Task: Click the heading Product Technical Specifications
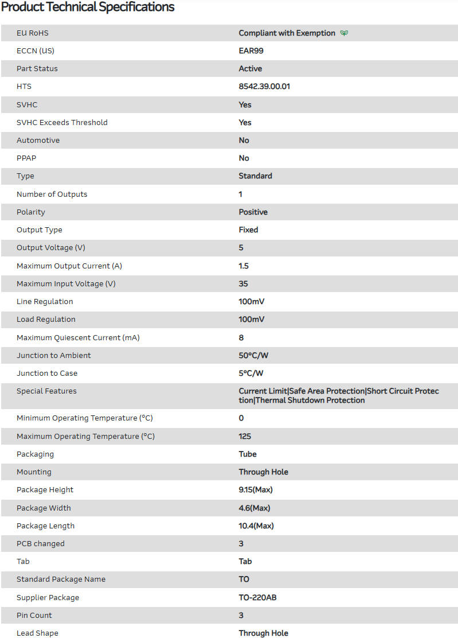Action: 88,7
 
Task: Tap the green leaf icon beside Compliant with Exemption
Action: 344,33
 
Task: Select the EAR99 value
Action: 251,50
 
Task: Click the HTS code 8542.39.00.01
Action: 268,86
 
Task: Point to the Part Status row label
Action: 37,68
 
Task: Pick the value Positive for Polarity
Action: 253,212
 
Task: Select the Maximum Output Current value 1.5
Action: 244,266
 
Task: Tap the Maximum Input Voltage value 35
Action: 244,283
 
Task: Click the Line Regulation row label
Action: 45,301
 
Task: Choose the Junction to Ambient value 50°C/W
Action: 253,355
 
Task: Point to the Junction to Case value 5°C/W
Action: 251,373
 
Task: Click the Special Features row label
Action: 46,391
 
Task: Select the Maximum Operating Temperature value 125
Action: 245,436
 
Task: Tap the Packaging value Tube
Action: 248,454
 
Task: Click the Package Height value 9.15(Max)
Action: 256,489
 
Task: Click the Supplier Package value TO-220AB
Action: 258,597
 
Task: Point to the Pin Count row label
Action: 34,615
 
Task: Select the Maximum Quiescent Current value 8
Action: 241,337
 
